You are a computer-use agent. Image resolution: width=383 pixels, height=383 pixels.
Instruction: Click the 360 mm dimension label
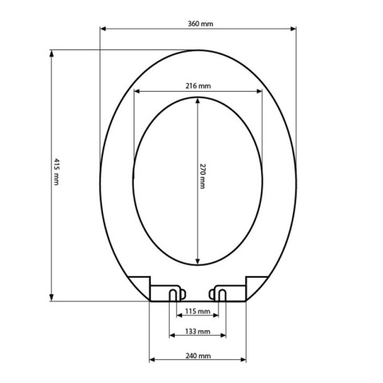click(200, 24)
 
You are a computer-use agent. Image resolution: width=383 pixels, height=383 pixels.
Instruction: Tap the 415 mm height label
click(56, 172)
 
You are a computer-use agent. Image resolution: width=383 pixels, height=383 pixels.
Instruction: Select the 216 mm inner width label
click(198, 86)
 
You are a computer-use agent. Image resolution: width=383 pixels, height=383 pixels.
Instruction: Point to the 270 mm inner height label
click(203, 176)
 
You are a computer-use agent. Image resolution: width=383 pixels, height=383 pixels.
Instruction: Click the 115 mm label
click(198, 311)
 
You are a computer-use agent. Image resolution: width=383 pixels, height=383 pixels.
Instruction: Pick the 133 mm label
click(198, 331)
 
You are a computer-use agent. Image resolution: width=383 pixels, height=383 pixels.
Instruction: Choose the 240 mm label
click(198, 356)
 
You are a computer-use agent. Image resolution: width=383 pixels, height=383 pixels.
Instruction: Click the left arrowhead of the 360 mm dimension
click(103, 29)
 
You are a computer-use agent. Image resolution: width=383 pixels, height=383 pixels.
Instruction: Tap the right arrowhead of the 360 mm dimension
click(293, 29)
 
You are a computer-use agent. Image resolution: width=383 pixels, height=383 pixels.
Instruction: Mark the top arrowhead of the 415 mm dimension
click(52, 53)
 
